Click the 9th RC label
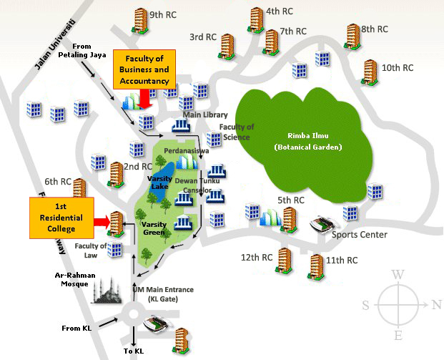[x=163, y=14]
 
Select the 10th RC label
[x=398, y=68]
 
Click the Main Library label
[x=205, y=115]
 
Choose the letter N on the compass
[x=435, y=304]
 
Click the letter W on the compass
[x=399, y=274]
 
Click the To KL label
[x=134, y=351]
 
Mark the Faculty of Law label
[x=91, y=250]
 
